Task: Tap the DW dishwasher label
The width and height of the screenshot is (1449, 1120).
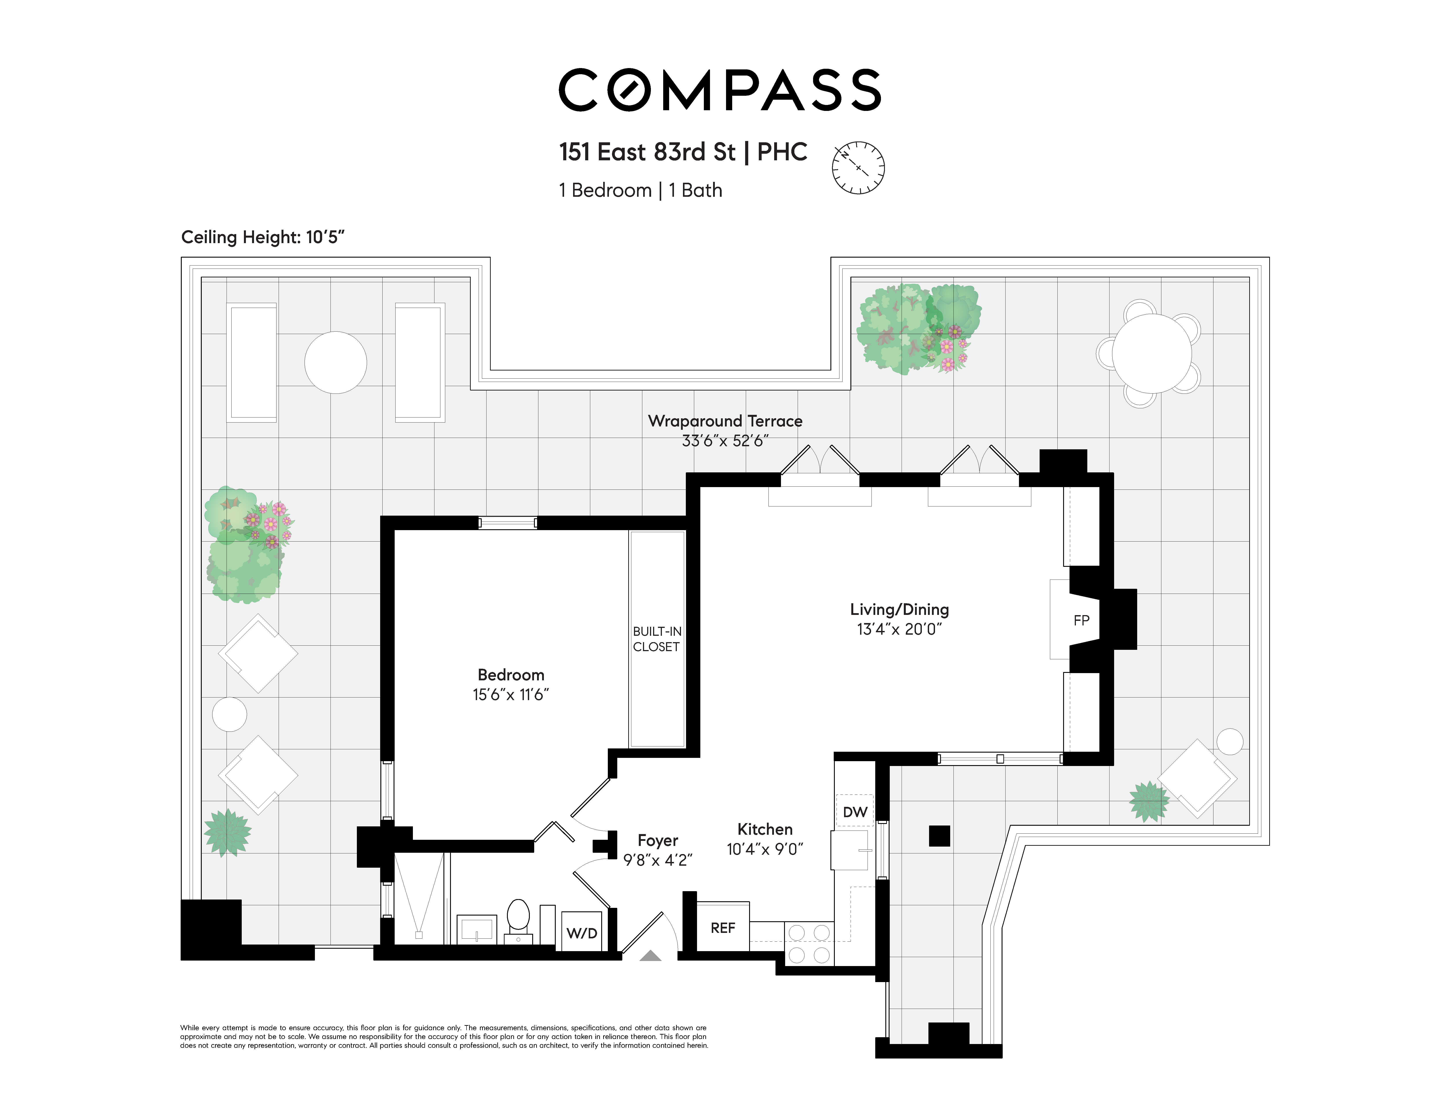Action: (855, 812)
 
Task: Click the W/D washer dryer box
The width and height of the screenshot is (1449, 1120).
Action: (582, 932)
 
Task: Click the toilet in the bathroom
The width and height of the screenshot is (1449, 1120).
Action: (518, 920)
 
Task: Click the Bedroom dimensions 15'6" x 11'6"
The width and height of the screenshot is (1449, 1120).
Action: (511, 694)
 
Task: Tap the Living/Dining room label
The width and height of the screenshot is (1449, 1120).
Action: (900, 609)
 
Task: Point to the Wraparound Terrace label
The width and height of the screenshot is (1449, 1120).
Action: (725, 421)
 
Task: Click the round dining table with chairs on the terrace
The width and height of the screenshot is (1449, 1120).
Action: (1152, 353)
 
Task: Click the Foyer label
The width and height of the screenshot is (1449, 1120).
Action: (657, 840)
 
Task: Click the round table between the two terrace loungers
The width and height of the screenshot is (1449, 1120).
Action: (336, 363)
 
